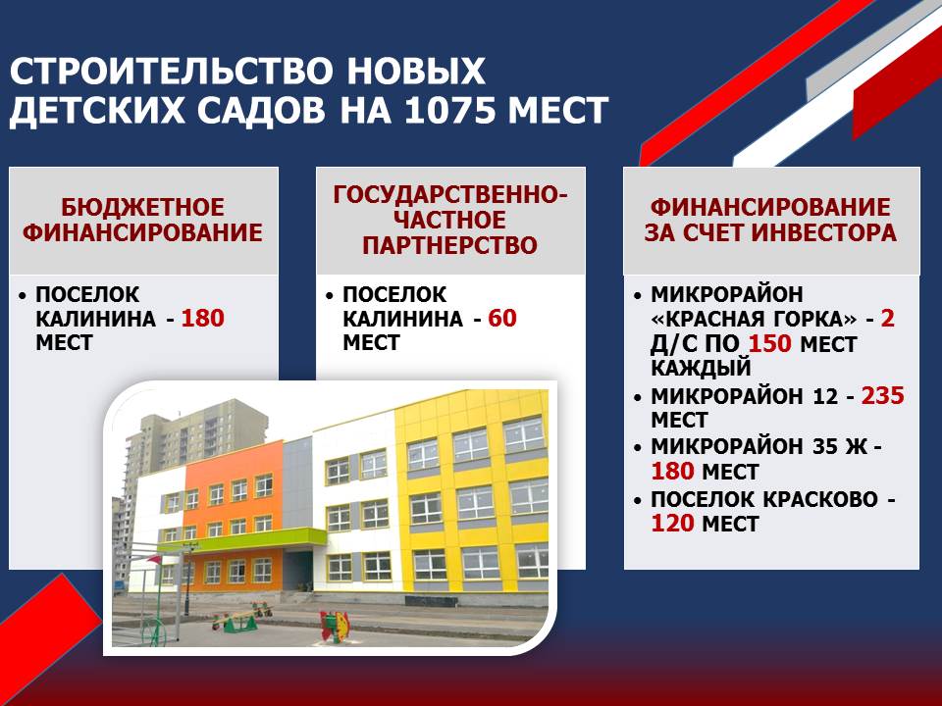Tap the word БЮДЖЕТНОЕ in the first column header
[143, 207]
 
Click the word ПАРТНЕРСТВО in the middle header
[450, 245]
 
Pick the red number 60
[502, 318]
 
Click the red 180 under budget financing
[202, 318]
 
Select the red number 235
[882, 395]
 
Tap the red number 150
[770, 344]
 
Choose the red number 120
[673, 524]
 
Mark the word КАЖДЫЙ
[701, 368]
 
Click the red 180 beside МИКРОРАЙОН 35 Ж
[673, 472]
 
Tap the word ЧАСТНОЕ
[450, 220]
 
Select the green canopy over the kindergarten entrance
[241, 539]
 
